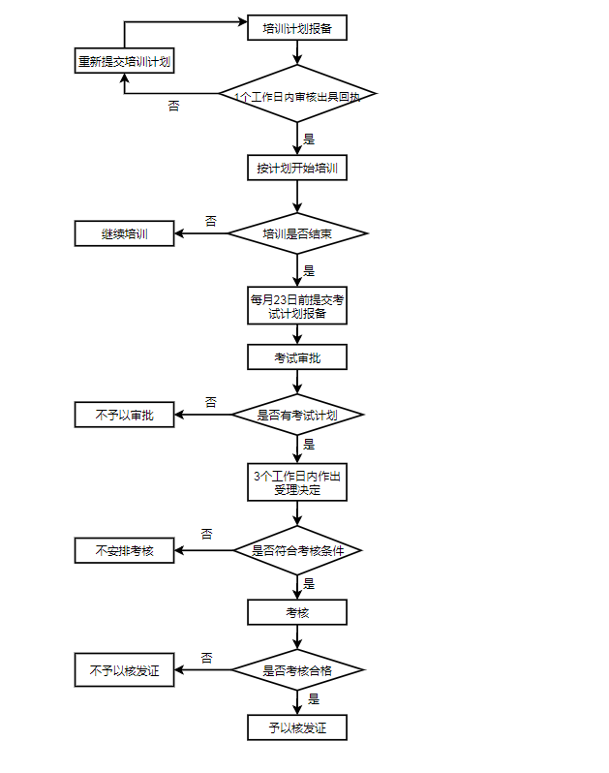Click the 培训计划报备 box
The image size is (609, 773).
click(x=297, y=28)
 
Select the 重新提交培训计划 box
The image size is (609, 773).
click(x=125, y=61)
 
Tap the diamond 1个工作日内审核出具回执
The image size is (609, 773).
click(x=297, y=95)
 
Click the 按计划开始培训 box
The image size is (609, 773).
click(x=297, y=168)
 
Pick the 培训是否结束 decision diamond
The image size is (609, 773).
click(x=297, y=233)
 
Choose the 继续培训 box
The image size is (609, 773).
click(x=125, y=233)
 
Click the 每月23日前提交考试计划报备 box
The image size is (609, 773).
click(x=297, y=305)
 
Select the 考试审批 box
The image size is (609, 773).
click(x=297, y=357)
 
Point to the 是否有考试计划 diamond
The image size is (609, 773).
click(x=297, y=415)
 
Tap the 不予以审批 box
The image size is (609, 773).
click(x=125, y=415)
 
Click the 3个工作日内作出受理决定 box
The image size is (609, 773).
click(x=297, y=481)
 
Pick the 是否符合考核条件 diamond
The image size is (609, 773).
click(x=297, y=550)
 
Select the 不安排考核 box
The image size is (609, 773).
click(x=125, y=550)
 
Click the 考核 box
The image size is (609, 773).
click(x=297, y=612)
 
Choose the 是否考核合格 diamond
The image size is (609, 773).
click(x=297, y=669)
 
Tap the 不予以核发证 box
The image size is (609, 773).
click(x=125, y=669)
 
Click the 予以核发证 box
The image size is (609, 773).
click(x=297, y=727)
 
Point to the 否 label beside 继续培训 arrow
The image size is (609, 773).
click(x=210, y=221)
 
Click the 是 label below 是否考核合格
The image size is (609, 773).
click(x=313, y=697)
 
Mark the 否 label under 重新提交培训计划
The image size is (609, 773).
click(x=173, y=106)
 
